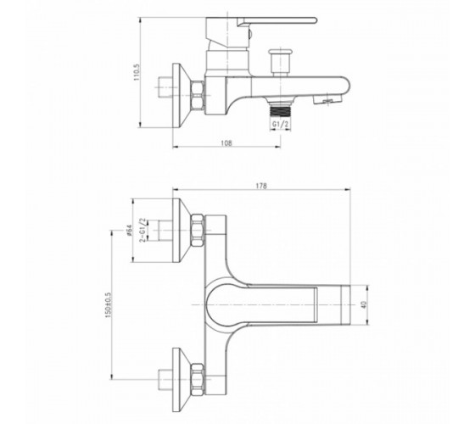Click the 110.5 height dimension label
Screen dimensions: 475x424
tap(137, 72)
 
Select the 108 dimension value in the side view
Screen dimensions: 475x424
tap(226, 142)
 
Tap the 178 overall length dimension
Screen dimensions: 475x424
tap(261, 186)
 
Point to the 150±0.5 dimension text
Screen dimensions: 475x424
tap(109, 304)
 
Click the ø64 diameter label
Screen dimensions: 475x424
tap(129, 230)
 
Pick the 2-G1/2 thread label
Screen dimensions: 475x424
tap(142, 230)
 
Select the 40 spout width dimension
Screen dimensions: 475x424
tap(365, 304)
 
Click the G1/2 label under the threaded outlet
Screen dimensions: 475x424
tap(280, 124)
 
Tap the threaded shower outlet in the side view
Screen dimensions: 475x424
tap(280, 109)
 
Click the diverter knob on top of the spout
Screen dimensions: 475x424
tap(281, 61)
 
